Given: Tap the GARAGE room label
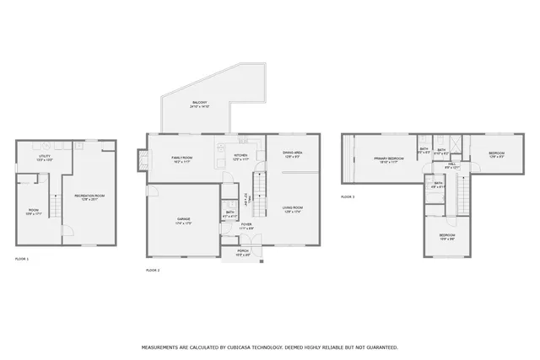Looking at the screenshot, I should pos(183,221).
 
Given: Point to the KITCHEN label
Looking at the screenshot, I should pos(240,157).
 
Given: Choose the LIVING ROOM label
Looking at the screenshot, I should pos(293,208).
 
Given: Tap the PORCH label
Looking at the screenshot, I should pos(243,251).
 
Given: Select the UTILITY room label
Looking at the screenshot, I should pos(44,158).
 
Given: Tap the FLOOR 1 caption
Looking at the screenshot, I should pos(22,259).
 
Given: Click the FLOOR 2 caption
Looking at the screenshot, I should pos(153,270).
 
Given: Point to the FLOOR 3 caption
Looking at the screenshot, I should pos(348,196).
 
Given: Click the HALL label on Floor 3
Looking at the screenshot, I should pos(451,165).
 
